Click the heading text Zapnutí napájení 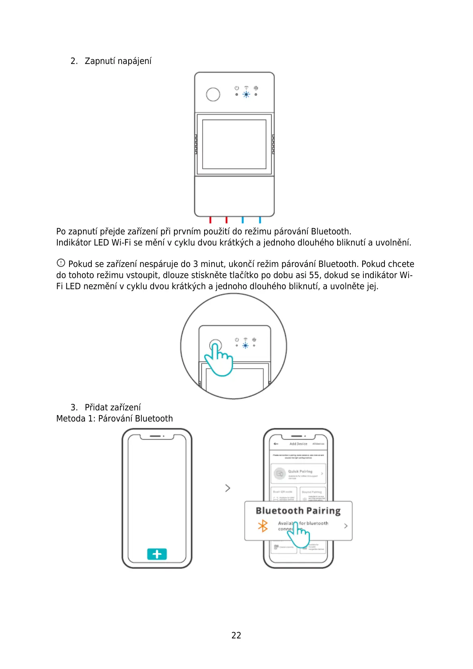(118, 61)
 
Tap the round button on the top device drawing (213, 95)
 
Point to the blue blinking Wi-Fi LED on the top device (246, 95)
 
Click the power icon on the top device (237, 88)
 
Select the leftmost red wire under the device (210, 220)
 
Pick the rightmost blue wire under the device (260, 220)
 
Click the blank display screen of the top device (234, 144)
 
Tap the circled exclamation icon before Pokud (61, 263)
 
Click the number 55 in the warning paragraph (314, 275)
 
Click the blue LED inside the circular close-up (245, 346)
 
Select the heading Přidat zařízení (113, 408)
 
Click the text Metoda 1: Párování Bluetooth (114, 419)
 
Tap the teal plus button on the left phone (157, 554)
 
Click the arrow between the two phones (228, 488)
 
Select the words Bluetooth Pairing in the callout (298, 511)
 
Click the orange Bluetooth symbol (263, 526)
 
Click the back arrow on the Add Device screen (276, 444)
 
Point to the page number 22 (236, 636)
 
